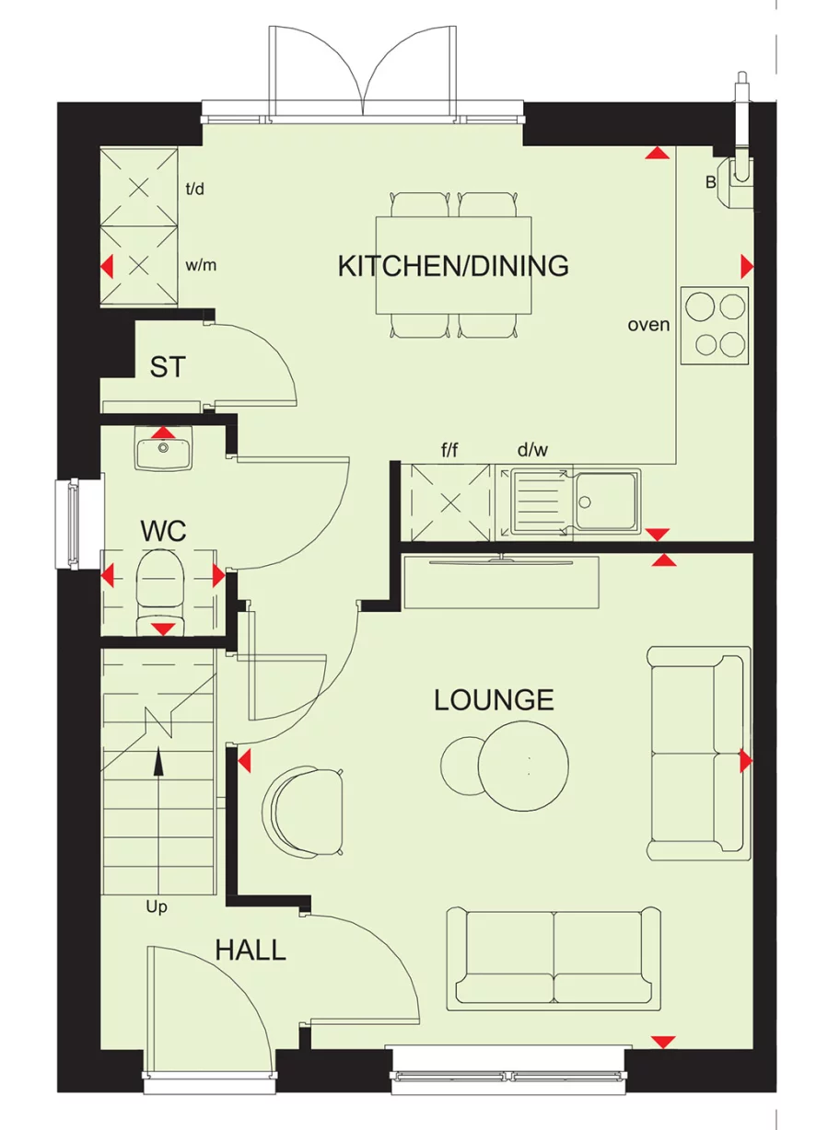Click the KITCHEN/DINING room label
453,266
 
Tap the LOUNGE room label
494,700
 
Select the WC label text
163,531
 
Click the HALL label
251,950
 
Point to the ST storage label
167,368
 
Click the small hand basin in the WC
163,451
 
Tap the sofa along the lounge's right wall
697,753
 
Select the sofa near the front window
554,958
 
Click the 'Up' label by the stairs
157,907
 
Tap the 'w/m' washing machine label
201,266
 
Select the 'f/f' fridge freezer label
449,451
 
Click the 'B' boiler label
711,182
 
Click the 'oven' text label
648,325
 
